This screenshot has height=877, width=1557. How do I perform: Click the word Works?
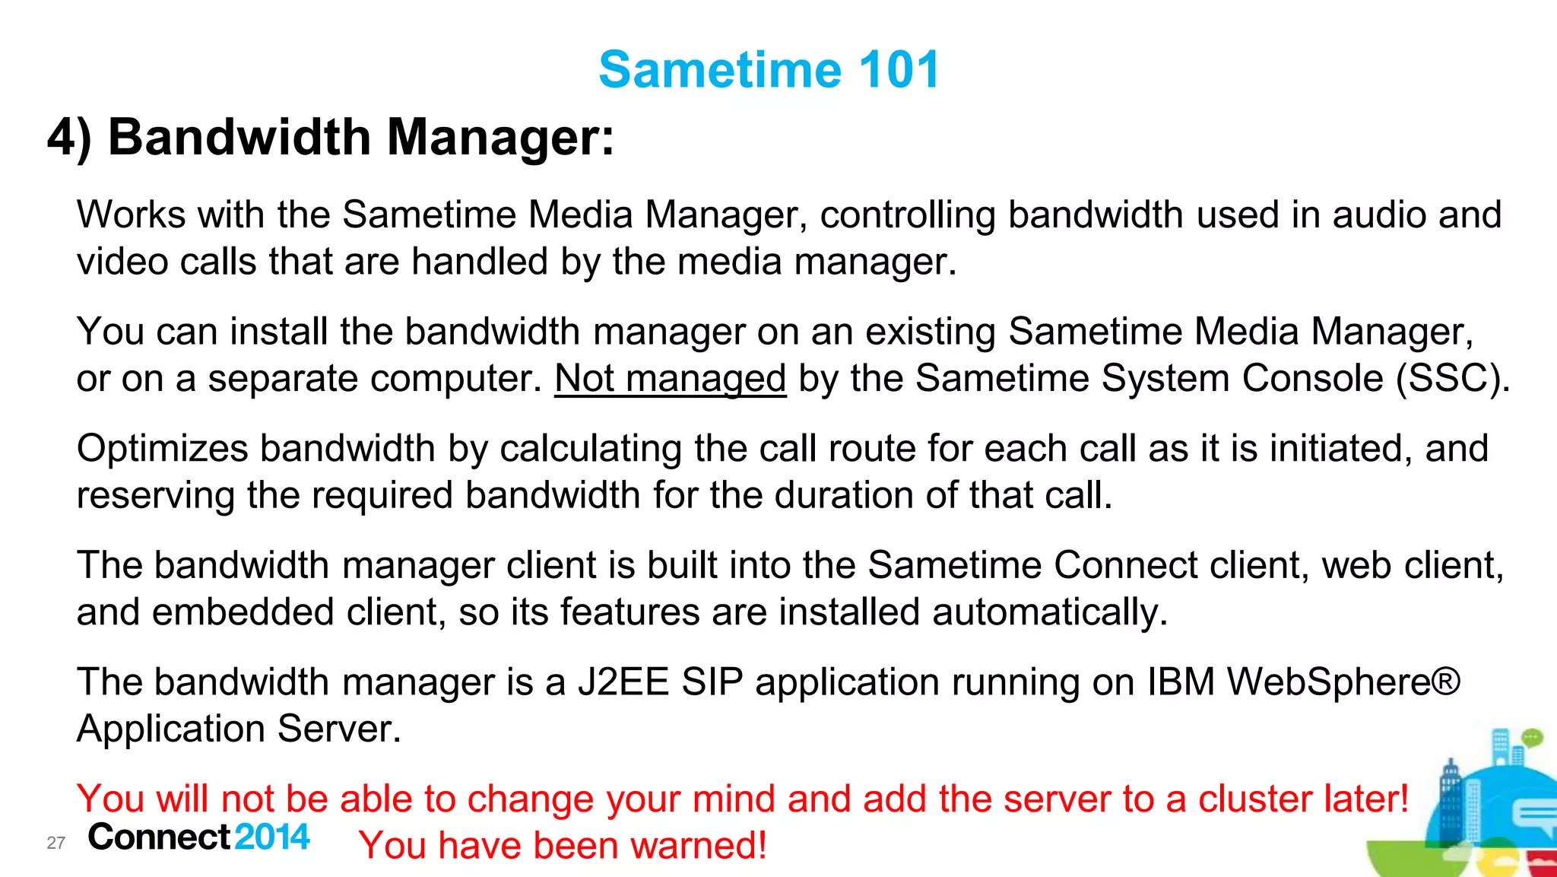coord(131,214)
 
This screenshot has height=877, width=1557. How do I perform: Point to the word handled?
coord(480,262)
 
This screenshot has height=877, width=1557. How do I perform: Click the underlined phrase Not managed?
coord(670,379)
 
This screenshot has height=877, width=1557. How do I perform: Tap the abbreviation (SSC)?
coord(1453,379)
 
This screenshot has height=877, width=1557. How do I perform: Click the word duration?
coord(837,495)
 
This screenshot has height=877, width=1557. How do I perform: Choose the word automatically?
coord(1050,612)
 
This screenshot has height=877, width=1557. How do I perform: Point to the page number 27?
coord(55,843)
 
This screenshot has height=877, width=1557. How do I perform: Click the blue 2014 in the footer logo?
coord(272,837)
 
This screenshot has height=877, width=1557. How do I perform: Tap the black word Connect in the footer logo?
coord(159,837)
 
